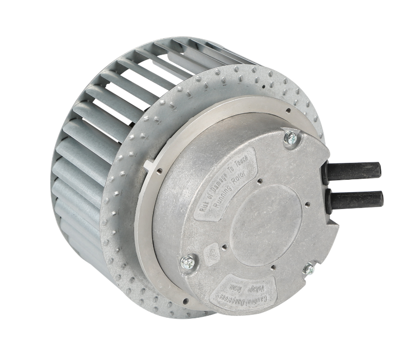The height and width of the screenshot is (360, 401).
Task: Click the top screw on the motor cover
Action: (x=291, y=138)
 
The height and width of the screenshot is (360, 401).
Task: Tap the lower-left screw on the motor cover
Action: (x=188, y=262)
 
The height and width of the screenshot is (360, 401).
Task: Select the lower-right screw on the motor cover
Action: (x=309, y=269)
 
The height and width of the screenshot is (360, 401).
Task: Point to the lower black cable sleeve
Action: (x=357, y=200)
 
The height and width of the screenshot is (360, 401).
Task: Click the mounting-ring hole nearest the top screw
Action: (x=288, y=110)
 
